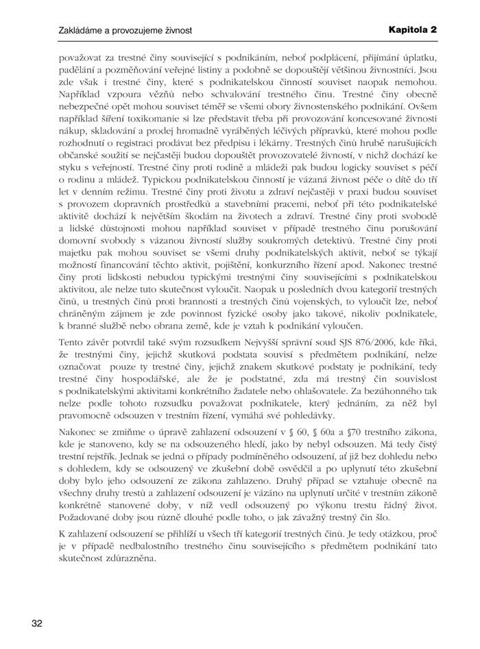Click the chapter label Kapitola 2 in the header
click(412, 31)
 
